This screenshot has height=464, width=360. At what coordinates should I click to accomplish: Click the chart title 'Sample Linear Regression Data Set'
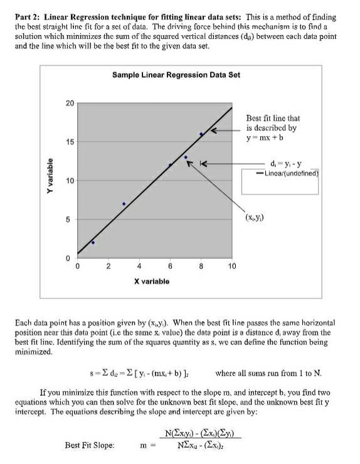click(176, 75)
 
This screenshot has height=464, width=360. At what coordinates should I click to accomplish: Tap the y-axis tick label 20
click(69, 102)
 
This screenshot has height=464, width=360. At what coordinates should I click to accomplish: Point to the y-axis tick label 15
click(69, 142)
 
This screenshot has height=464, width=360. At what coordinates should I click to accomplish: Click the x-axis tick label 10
click(231, 266)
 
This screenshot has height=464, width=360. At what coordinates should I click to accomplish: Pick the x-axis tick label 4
click(139, 266)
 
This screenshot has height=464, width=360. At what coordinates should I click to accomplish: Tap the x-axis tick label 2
click(108, 266)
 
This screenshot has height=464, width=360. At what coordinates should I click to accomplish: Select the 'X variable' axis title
click(151, 282)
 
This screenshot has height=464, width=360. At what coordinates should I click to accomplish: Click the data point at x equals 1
click(93, 242)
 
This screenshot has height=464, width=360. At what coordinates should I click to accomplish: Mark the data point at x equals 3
click(124, 204)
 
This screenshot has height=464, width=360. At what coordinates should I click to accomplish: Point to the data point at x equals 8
click(201, 134)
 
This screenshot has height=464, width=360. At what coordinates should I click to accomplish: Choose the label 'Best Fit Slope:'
click(90, 445)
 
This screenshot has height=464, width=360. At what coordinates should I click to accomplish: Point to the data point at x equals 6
click(170, 165)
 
